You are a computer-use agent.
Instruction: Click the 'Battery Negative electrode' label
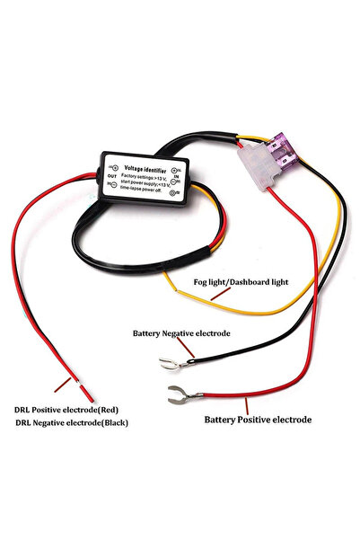[x=182, y=332]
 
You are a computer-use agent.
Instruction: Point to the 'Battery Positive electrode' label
[x=258, y=419]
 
